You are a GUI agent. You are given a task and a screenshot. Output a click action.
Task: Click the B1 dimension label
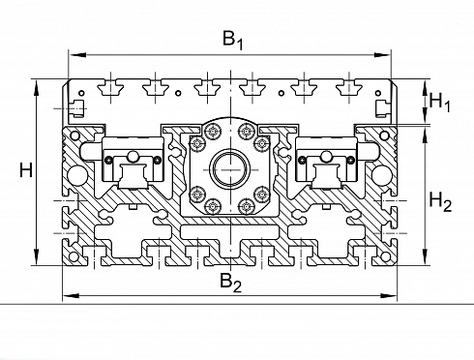coord(233,41)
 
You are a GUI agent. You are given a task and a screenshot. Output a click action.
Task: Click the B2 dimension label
coord(230,283)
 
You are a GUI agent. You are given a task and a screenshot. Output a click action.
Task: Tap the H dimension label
coord(26,170)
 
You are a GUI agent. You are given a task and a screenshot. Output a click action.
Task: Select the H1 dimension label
coord(439,103)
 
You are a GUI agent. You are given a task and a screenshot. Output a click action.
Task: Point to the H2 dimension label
coord(440,201)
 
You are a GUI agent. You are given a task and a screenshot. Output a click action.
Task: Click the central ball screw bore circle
coord(230,169)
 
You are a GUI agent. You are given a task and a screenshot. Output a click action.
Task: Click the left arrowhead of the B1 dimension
coord(77,55)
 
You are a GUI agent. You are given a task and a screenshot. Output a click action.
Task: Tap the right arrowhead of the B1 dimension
coord(382,55)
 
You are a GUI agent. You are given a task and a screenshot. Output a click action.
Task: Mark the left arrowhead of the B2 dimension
coord(71,295)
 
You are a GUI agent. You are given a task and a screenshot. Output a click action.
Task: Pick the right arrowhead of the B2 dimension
coord(388,295)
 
